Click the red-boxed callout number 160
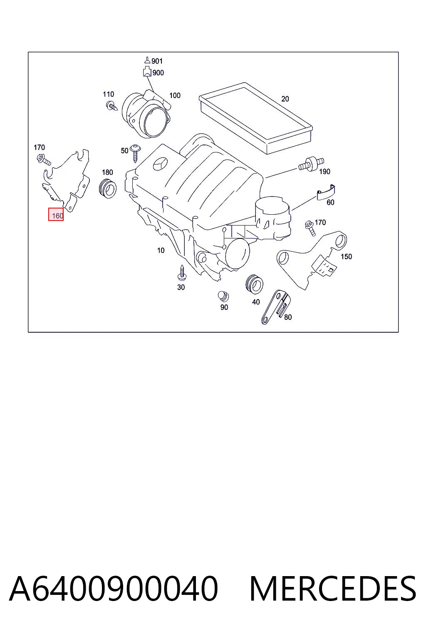pyautogui.click(x=57, y=216)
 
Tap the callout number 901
pyautogui.click(x=157, y=61)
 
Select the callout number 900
pyautogui.click(x=158, y=73)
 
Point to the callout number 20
pyautogui.click(x=285, y=99)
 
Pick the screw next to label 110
pyautogui.click(x=111, y=106)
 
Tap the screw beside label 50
pyautogui.click(x=135, y=153)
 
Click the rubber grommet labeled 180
pyautogui.click(x=108, y=188)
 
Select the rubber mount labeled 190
pyautogui.click(x=311, y=164)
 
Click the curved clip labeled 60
pyautogui.click(x=326, y=193)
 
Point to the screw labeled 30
pyautogui.click(x=182, y=273)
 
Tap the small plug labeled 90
pyautogui.click(x=223, y=297)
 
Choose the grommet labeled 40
pyautogui.click(x=254, y=284)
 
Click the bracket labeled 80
pyautogui.click(x=276, y=307)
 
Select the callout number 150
pyautogui.click(x=346, y=257)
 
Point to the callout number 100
pyautogui.click(x=175, y=96)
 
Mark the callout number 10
pyautogui.click(x=161, y=250)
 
